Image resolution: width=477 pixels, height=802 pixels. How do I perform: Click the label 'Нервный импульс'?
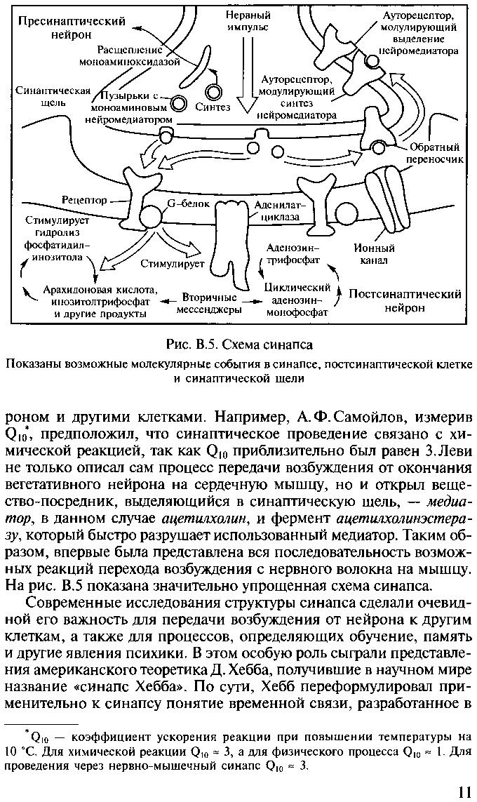coord(249,21)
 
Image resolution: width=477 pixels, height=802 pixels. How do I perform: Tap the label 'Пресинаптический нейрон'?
coord(71,27)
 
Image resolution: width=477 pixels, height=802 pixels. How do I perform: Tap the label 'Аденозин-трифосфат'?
coord(294,253)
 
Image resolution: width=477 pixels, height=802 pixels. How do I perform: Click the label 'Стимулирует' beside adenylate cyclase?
coord(172,265)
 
